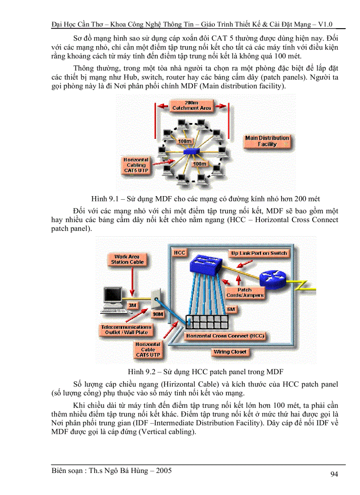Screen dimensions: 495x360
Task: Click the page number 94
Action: point(334,474)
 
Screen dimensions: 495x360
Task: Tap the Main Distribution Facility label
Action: point(267,141)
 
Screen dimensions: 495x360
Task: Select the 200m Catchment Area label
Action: point(191,105)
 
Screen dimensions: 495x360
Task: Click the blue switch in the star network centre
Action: point(191,151)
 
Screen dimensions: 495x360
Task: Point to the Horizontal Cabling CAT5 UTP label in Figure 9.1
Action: point(136,165)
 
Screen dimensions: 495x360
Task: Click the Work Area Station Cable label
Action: point(127,259)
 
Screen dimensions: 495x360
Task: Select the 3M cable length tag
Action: point(132,305)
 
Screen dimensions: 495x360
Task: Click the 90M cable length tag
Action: point(157,315)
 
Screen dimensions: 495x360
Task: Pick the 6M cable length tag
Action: point(231,309)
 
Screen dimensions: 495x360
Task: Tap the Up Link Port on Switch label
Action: point(259,253)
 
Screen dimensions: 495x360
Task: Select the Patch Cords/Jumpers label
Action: point(244,293)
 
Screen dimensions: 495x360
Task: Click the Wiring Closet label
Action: point(230,352)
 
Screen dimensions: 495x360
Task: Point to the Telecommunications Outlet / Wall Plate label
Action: point(126,330)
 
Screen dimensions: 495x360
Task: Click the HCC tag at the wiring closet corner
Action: point(179,253)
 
